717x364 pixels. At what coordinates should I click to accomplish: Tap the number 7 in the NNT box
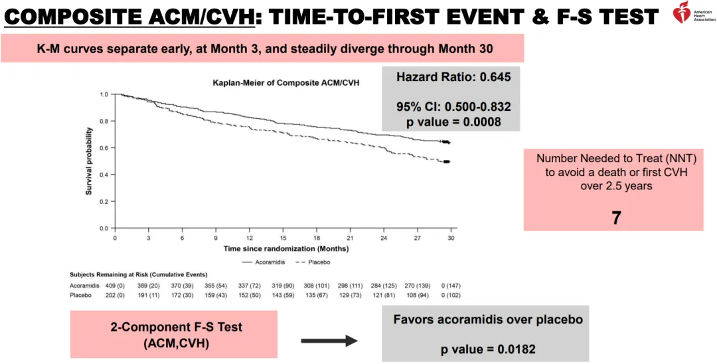(x=615, y=217)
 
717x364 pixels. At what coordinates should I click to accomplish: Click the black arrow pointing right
(x=329, y=341)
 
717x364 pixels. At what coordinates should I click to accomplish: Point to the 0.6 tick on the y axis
(x=104, y=148)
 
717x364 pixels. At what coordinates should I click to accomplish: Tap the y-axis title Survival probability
(x=88, y=161)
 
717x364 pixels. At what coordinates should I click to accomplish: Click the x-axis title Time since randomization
(x=285, y=249)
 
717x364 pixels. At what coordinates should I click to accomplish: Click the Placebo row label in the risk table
(x=80, y=295)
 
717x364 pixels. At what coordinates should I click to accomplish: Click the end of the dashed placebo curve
(x=447, y=162)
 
